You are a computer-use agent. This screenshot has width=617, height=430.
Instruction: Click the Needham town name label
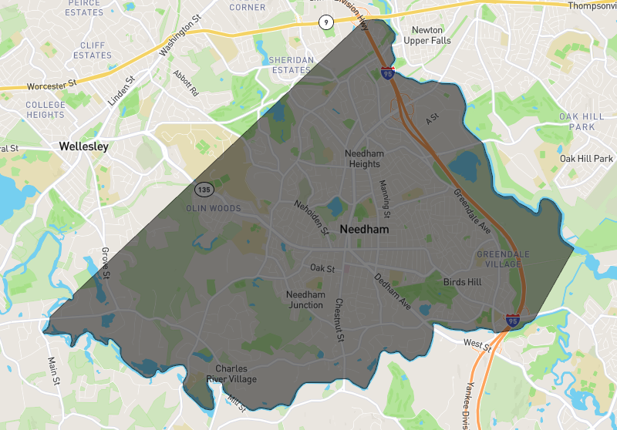tap(364, 230)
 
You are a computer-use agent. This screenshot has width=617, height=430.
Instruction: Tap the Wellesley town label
tap(86, 146)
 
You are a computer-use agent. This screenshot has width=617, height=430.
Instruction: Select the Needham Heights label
tap(363, 158)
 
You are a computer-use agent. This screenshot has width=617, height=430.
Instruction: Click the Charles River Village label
tap(231, 374)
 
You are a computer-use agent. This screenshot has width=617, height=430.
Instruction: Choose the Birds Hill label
tap(462, 282)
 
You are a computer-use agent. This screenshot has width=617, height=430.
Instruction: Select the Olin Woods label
tap(214, 209)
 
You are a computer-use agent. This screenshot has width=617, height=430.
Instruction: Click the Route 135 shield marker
tap(204, 189)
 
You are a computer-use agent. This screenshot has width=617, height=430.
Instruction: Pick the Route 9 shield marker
tap(327, 23)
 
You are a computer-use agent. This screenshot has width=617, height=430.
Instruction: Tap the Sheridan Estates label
tap(290, 65)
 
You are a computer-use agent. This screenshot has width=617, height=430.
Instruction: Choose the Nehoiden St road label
tap(311, 216)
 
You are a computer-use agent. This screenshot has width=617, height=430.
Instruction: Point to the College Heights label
tap(46, 109)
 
